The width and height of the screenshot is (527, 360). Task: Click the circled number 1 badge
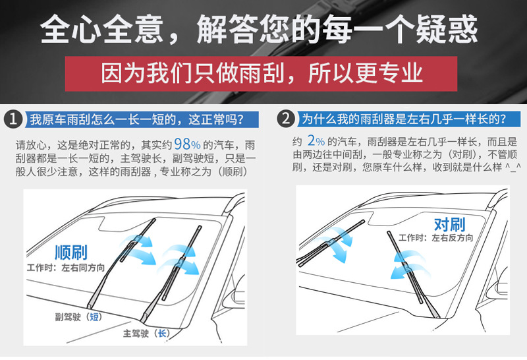(13, 119)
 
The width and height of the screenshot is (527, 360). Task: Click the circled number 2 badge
(285, 119)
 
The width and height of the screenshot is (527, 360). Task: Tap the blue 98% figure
(187, 144)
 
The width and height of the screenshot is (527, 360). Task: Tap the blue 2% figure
(316, 140)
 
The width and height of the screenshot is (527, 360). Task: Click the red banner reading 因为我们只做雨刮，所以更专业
(261, 73)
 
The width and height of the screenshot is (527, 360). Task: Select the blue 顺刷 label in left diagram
(71, 253)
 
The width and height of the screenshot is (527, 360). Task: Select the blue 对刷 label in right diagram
(449, 224)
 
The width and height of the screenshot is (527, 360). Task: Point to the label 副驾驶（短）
(78, 316)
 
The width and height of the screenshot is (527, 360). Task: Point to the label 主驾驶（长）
(146, 333)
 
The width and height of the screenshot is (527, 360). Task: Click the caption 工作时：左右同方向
(66, 268)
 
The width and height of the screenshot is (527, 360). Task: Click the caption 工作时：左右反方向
(435, 238)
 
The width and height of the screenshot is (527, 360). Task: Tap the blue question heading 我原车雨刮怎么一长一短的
(136, 119)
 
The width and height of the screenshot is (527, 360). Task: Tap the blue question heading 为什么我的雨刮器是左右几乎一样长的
(404, 119)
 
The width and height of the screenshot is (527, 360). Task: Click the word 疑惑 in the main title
(447, 29)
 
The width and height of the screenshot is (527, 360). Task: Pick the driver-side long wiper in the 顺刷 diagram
(171, 274)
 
